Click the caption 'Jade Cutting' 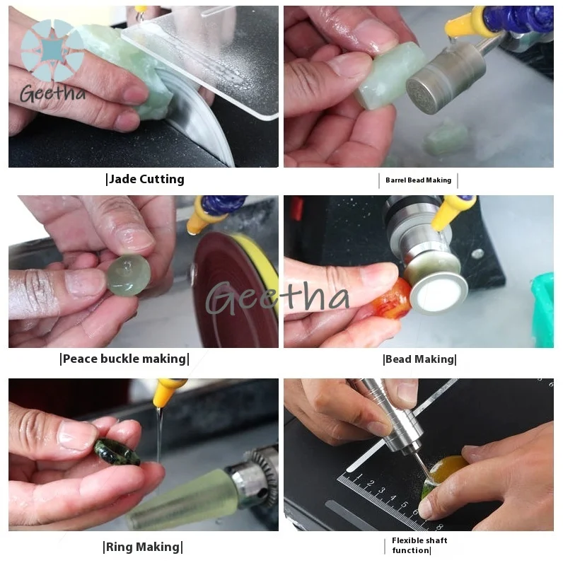pyautogui.click(x=146, y=179)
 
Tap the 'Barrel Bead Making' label pyautogui.click(x=418, y=180)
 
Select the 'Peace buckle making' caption pyautogui.click(x=124, y=359)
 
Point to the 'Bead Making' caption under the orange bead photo pyautogui.click(x=419, y=359)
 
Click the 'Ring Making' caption pyautogui.click(x=143, y=547)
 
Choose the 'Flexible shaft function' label pyautogui.click(x=419, y=545)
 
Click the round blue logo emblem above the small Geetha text pyautogui.click(x=52, y=50)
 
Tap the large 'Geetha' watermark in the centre pyautogui.click(x=277, y=298)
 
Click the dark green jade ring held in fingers pyautogui.click(x=117, y=452)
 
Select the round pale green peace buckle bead pyautogui.click(x=128, y=275)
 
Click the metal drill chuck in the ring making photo pyautogui.click(x=253, y=475)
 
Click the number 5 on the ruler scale pyautogui.click(x=404, y=505)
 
